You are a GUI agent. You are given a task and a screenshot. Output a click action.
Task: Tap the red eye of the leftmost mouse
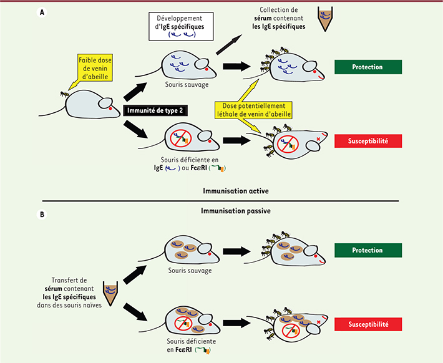click(110, 109)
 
